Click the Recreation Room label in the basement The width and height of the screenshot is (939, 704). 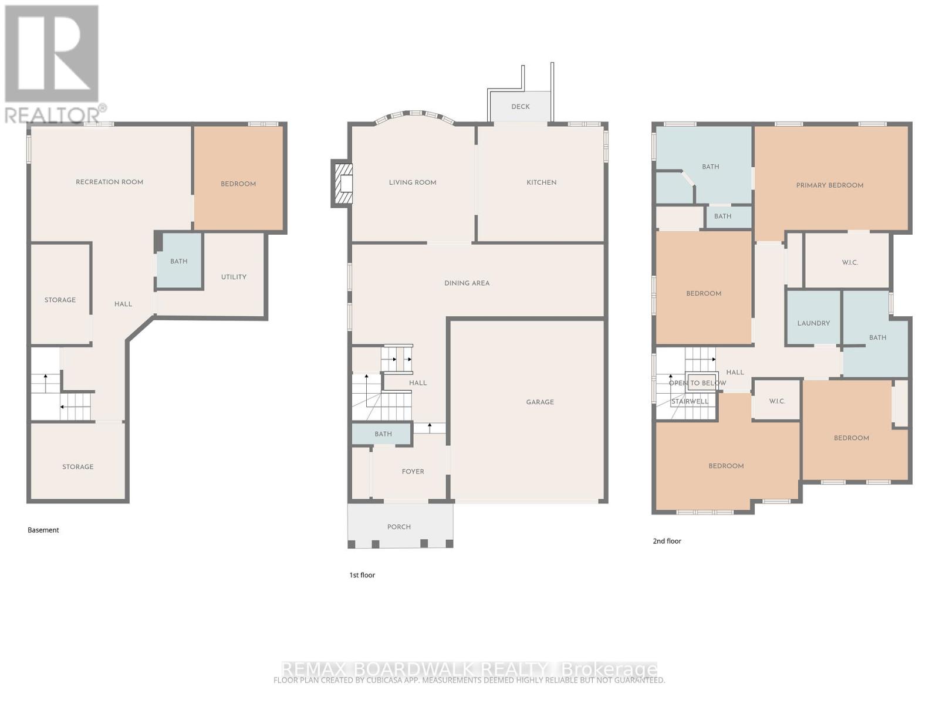109,182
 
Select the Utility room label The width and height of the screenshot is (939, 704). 234,277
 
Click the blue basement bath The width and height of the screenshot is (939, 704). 180,261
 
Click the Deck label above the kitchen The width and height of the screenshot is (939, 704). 520,107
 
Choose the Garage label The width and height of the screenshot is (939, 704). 539,402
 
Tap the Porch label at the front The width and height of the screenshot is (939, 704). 398,527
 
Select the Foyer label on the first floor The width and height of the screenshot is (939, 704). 413,471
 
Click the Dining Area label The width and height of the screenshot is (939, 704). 467,283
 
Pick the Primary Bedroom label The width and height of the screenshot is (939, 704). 829,185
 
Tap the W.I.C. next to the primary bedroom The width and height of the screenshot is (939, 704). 849,262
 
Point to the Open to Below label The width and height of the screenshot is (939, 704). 697,383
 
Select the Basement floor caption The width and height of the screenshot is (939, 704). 43,530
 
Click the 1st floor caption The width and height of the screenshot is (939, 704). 362,575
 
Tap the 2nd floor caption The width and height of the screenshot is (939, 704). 667,541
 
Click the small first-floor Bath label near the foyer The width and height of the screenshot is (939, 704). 383,434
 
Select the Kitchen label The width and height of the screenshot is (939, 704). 541,182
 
